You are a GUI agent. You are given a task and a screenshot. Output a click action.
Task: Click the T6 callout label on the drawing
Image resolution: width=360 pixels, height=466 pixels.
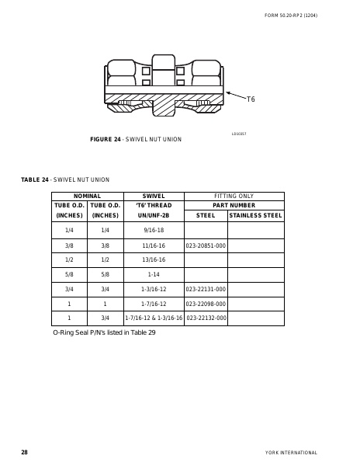pos(251,99)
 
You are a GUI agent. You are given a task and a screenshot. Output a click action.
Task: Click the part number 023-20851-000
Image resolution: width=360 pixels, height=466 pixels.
pos(206,245)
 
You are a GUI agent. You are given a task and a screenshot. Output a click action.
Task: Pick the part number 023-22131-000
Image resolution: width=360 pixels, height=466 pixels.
pos(206,288)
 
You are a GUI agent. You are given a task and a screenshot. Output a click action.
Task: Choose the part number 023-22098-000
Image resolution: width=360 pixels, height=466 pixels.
pos(206,303)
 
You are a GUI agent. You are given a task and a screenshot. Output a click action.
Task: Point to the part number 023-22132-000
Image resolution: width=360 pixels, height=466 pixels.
pos(206,318)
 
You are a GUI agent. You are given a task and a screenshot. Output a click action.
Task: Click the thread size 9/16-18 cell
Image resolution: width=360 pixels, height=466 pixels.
pos(154,231)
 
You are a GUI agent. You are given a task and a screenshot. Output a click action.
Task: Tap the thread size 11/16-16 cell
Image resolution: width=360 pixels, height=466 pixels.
pos(154,245)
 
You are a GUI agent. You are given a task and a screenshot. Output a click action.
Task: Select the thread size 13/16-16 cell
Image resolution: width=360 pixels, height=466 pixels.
pos(154,259)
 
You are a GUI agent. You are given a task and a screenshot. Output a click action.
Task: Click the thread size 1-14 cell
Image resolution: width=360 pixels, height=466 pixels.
pos(154,274)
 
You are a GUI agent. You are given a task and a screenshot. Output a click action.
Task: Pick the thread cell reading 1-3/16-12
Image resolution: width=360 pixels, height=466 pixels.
pos(154,288)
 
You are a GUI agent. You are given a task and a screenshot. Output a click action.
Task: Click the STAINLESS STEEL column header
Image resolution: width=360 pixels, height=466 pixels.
pos(256,214)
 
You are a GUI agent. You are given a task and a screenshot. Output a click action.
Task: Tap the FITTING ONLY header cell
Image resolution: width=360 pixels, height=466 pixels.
pos(234,196)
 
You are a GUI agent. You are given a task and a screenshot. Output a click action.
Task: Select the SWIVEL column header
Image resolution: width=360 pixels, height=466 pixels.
pos(154,196)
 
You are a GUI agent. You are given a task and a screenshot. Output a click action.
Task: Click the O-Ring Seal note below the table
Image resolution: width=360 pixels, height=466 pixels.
pos(104,332)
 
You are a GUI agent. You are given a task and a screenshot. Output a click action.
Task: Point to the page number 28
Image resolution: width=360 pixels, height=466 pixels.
pos(24,451)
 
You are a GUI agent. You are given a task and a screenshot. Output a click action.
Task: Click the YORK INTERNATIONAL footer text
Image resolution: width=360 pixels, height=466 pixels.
pos(291,452)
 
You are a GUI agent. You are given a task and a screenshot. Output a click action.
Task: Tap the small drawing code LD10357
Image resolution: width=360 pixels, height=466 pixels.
pos(238,134)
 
